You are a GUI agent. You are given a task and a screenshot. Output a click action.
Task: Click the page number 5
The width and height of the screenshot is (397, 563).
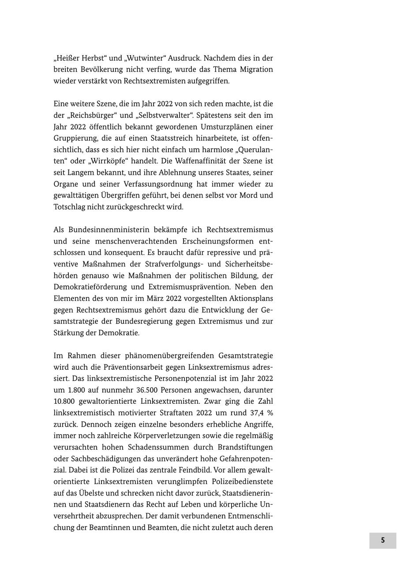pos(382,540)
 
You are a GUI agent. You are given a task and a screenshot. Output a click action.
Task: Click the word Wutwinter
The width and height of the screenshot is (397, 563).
pos(144,58)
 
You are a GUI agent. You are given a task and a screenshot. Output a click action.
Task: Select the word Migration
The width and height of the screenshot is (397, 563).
pos(256,70)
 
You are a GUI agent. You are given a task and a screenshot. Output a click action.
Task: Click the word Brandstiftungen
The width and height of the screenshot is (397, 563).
pos(245,447)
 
